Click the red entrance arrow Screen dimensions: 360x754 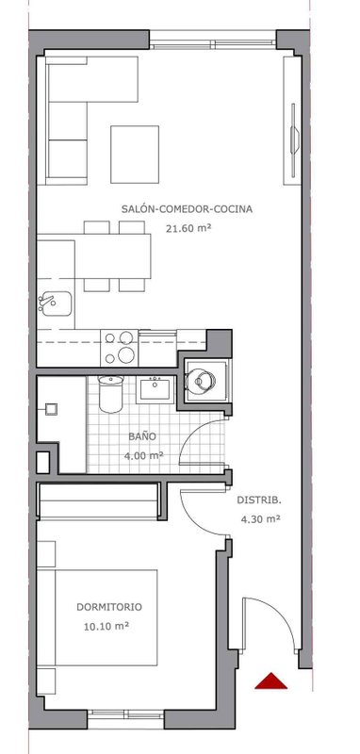271,680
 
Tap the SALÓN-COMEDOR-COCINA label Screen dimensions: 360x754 187,209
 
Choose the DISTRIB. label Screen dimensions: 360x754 259,500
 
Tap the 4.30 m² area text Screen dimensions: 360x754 260,519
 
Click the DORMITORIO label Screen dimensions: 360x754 109,607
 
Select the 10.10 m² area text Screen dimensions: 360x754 108,626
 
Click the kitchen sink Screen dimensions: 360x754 55,303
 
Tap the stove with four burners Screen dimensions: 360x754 119,348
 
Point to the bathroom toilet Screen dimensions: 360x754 110,394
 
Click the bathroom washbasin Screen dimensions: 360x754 155,389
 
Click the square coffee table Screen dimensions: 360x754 135,155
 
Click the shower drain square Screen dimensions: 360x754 51,409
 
